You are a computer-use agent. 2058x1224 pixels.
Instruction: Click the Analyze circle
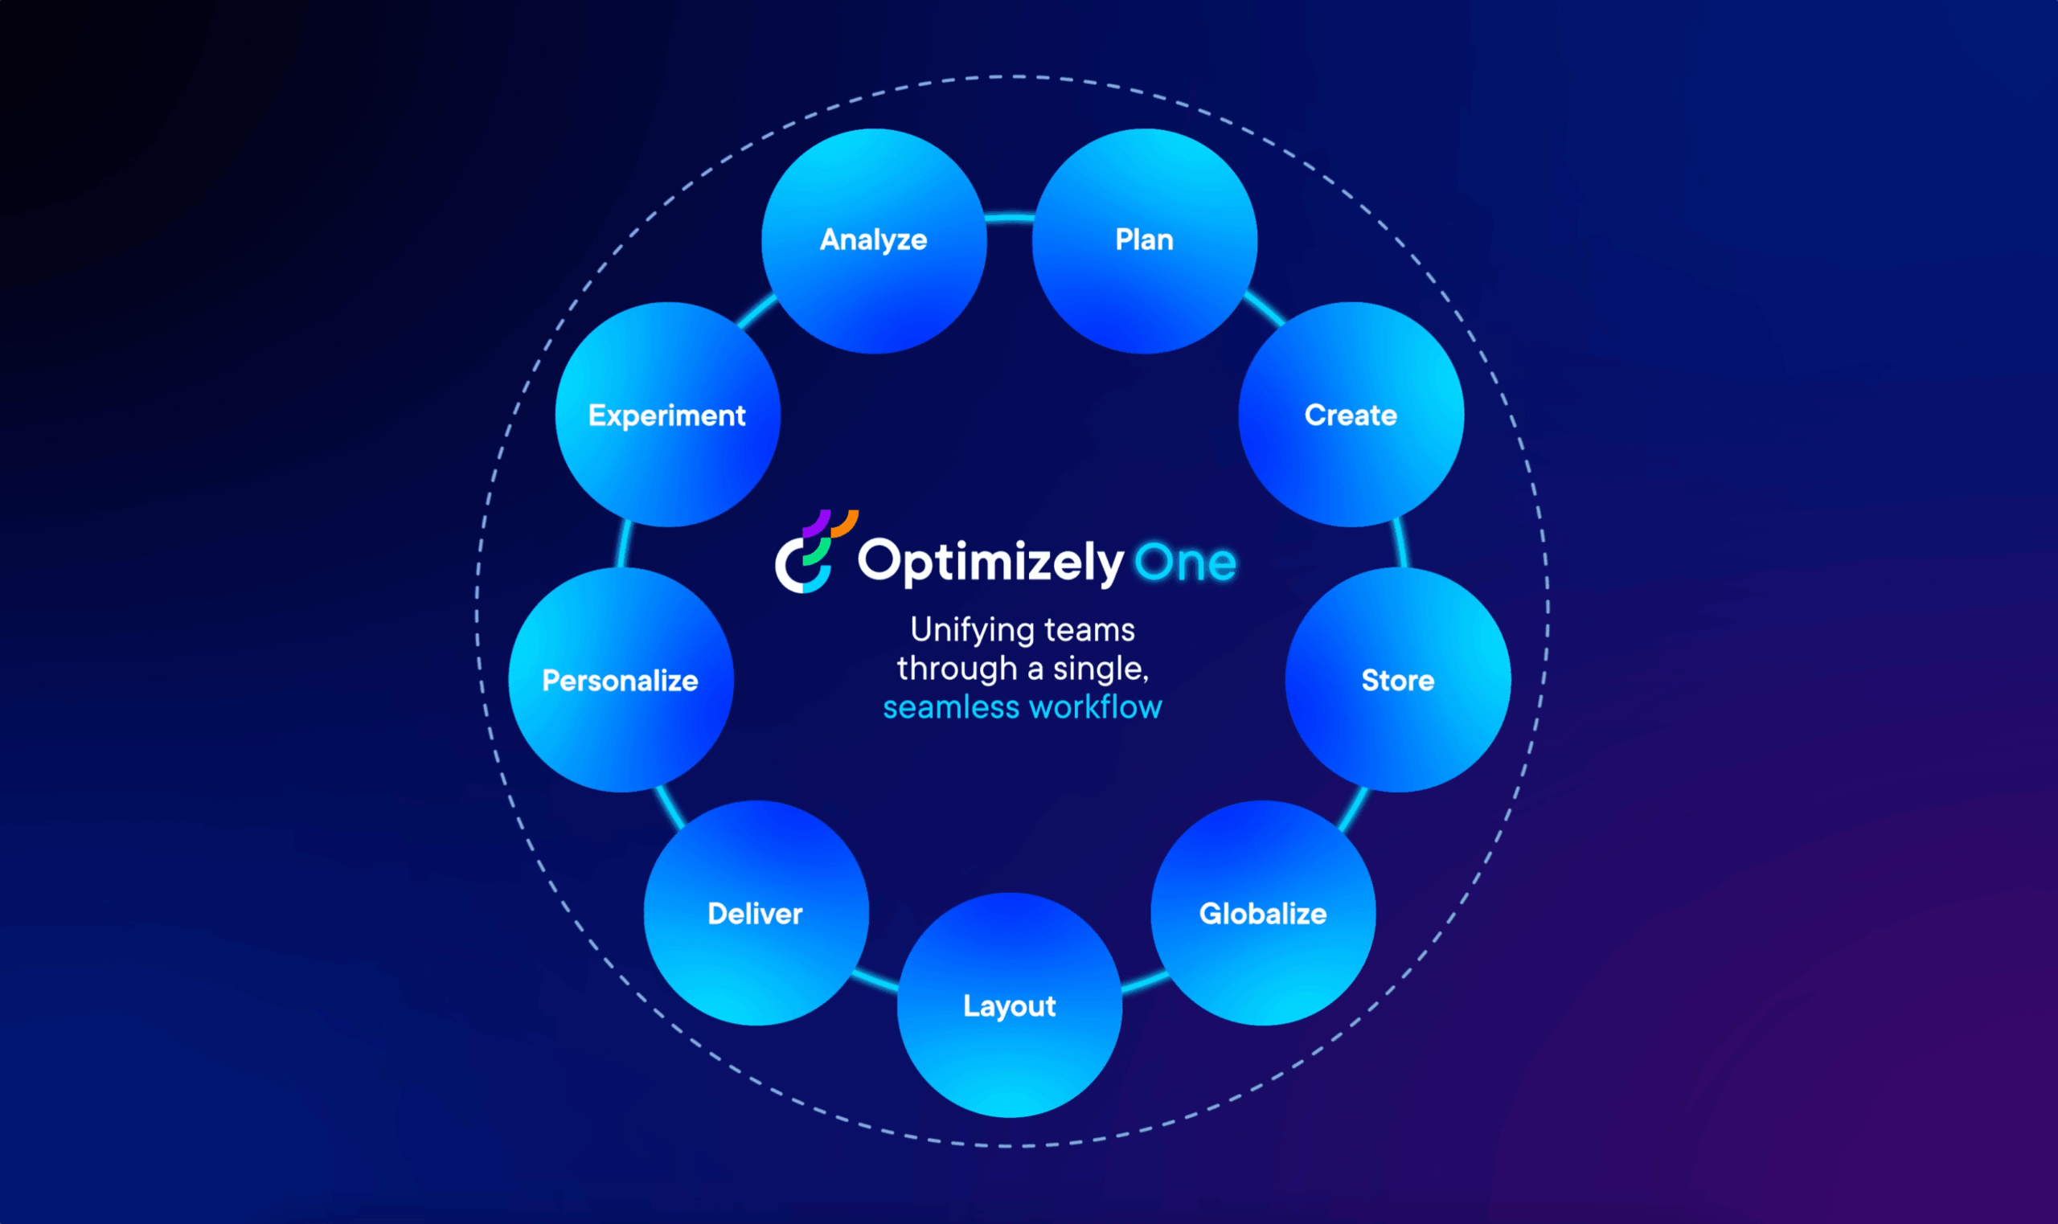(x=875, y=241)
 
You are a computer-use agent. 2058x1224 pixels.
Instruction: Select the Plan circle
(x=1145, y=241)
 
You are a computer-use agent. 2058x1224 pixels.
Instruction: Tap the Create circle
(x=1351, y=414)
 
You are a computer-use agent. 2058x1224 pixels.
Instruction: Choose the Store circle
(x=1398, y=680)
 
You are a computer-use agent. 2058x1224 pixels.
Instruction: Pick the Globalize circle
(x=1263, y=913)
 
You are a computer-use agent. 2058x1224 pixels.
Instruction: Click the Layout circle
(x=1010, y=1005)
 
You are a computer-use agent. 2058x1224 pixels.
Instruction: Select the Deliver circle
(x=756, y=913)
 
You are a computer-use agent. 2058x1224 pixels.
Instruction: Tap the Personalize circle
(x=621, y=680)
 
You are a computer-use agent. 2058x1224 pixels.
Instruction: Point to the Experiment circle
(x=668, y=414)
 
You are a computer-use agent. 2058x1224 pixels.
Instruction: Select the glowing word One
(x=1185, y=563)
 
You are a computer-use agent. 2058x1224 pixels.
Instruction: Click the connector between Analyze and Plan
(x=1010, y=218)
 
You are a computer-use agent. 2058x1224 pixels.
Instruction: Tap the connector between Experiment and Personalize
(x=624, y=543)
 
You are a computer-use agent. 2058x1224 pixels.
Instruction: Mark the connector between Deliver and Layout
(x=876, y=980)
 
